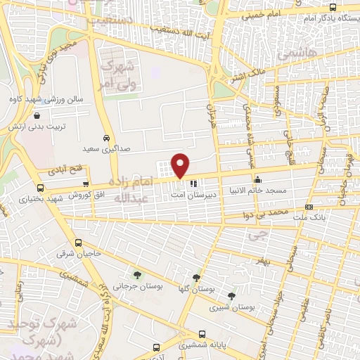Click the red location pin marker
click(181, 166)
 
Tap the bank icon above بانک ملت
click(309, 207)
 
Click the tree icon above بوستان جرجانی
click(136, 275)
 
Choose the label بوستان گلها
click(198, 289)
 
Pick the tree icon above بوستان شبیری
click(232, 296)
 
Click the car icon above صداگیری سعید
click(105, 139)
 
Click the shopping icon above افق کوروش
click(86, 184)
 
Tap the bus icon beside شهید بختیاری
click(40, 188)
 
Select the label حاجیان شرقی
click(74, 252)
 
